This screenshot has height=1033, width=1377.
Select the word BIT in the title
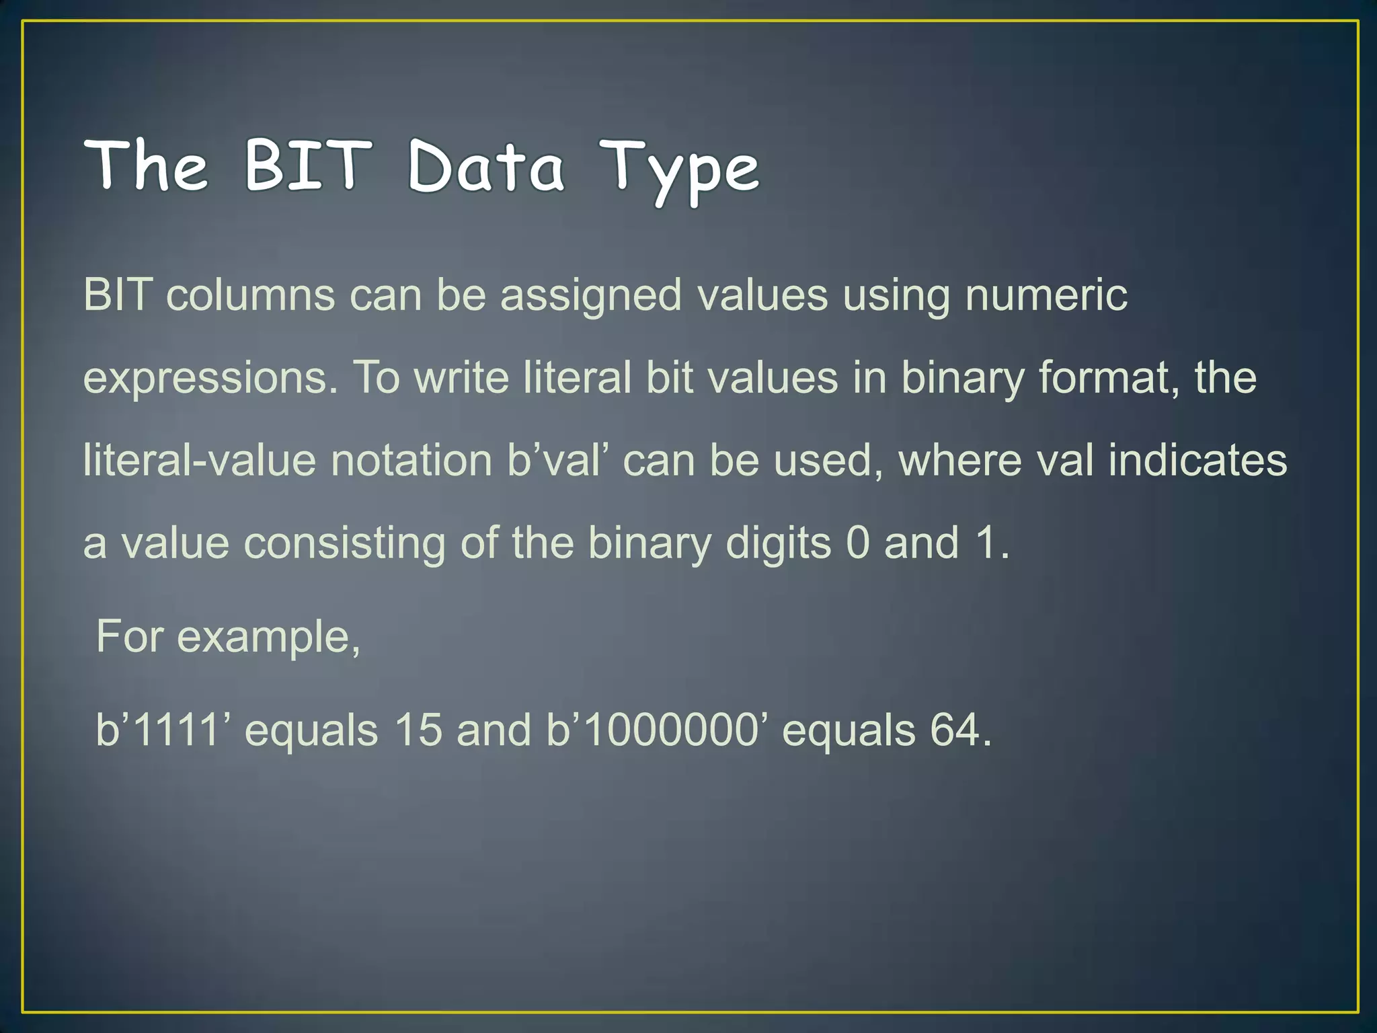pyautogui.click(x=308, y=164)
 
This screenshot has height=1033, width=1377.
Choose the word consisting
pyautogui.click(x=344, y=543)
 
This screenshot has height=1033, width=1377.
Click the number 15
pyautogui.click(x=418, y=730)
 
